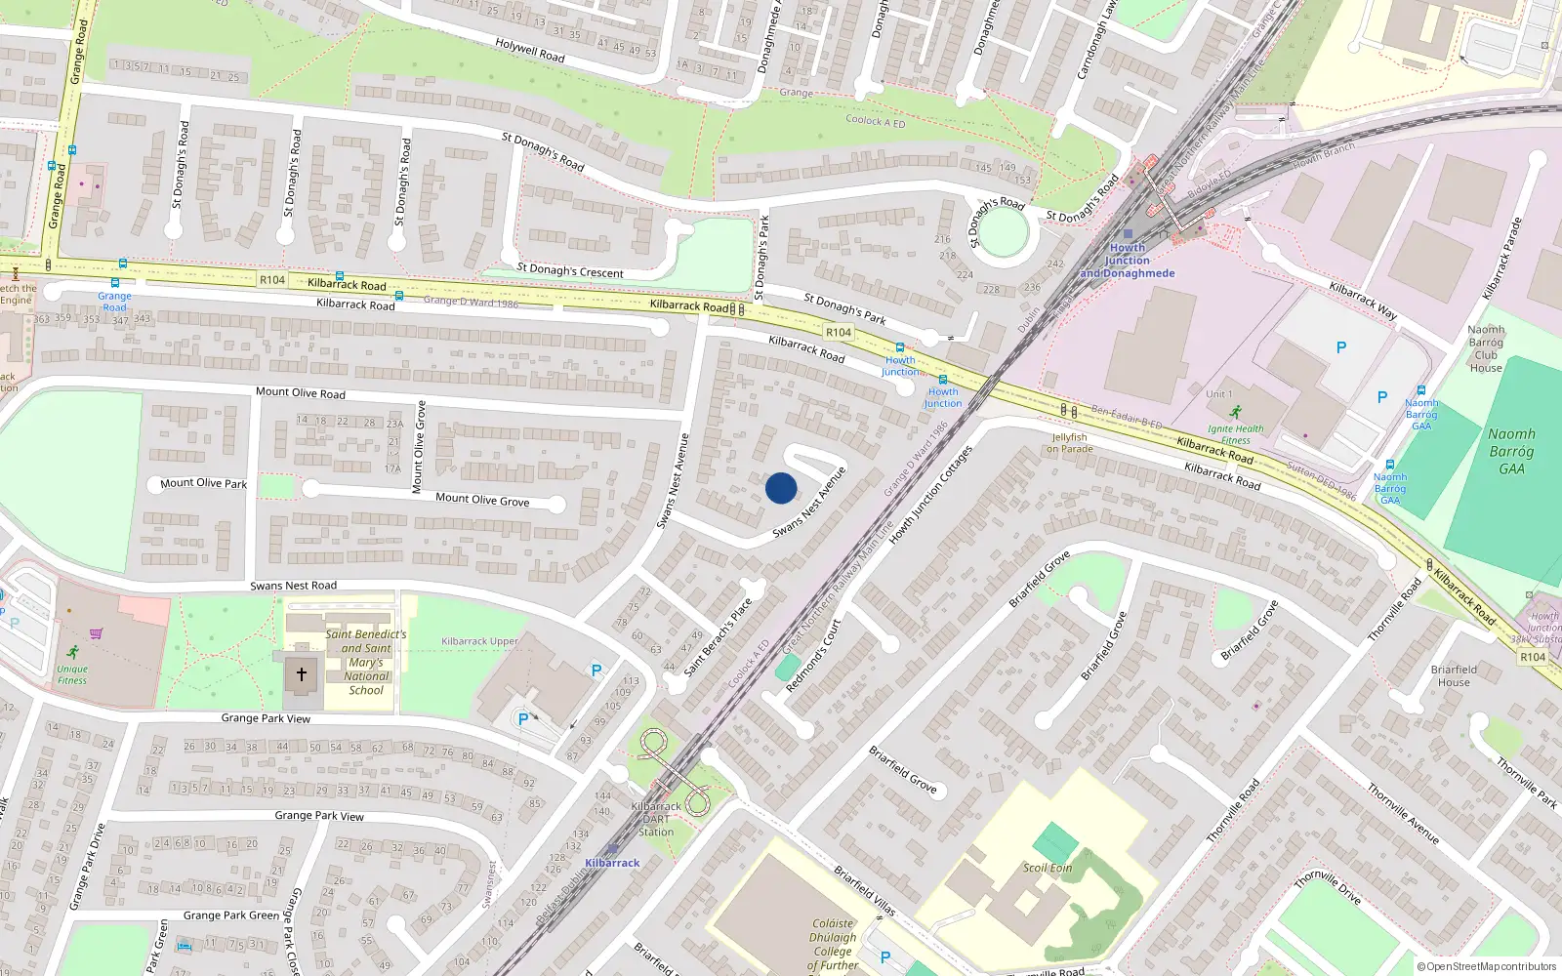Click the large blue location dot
tap(781, 488)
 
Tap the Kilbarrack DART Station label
tap(656, 819)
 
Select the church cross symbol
tap(302, 673)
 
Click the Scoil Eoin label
tap(1048, 868)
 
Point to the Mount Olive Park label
tap(203, 483)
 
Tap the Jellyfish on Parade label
tap(1070, 443)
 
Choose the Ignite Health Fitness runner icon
tap(1236, 412)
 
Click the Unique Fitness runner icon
tap(72, 652)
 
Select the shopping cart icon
tap(96, 632)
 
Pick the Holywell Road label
tap(530, 50)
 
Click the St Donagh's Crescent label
tap(570, 270)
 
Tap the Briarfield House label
tap(1454, 675)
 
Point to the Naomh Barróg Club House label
tap(1486, 348)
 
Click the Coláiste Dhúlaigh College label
tap(833, 944)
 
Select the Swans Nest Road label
tap(293, 586)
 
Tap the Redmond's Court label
tap(812, 655)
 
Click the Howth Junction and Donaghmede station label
tap(1128, 261)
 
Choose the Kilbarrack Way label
tap(1363, 301)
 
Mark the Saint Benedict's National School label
tap(366, 662)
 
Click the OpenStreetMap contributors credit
tap(1487, 967)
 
